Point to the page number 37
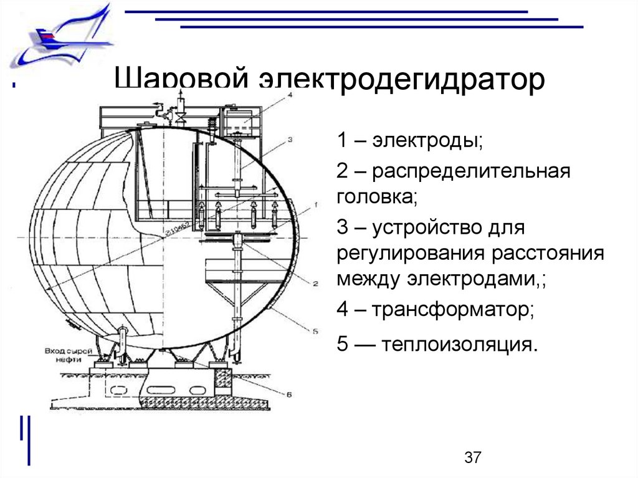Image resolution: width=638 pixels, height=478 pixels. click(x=473, y=458)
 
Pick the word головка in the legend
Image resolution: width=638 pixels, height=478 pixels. click(x=376, y=198)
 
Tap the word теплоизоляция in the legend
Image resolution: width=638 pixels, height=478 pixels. click(x=460, y=344)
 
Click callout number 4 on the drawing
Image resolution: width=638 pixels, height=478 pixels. click(x=289, y=95)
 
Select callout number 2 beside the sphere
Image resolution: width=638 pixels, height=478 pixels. click(x=315, y=284)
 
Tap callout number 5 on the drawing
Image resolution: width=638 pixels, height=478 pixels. click(x=315, y=331)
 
